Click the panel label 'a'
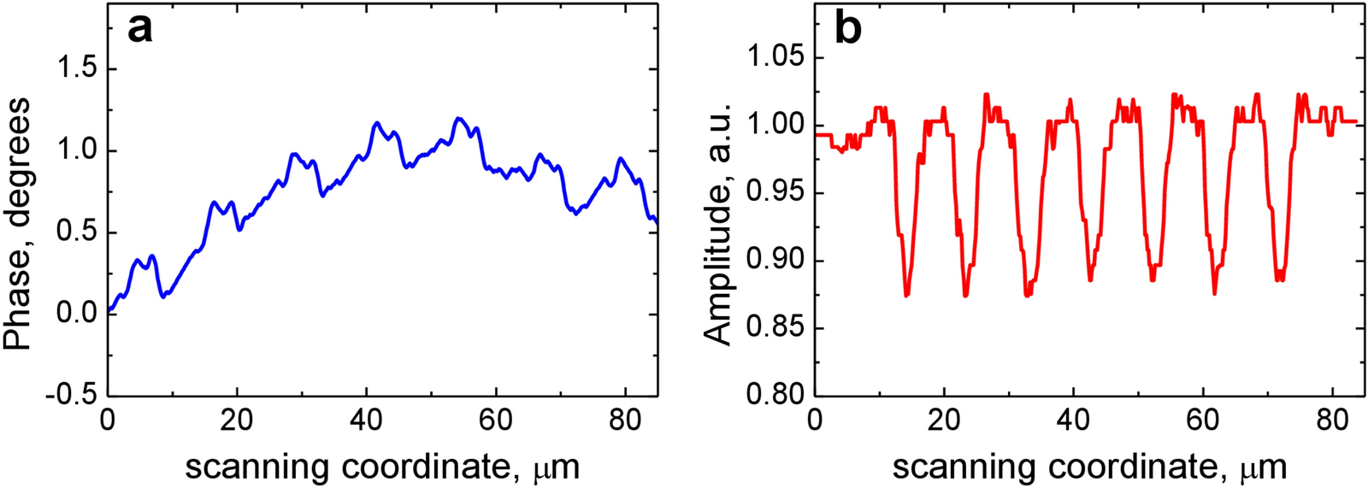pos(139,30)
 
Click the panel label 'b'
pos(847,30)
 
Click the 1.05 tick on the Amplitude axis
pos(776,57)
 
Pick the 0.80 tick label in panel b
pos(776,396)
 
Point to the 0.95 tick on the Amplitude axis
pos(776,192)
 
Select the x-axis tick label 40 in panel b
pos(1074,420)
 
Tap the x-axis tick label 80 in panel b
pos(1333,420)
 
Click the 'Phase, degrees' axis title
pos(19,224)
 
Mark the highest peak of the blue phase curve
pos(458,119)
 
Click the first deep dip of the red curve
pos(906,295)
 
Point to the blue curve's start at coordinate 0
pos(109,310)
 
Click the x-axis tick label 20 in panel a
pos(237,420)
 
